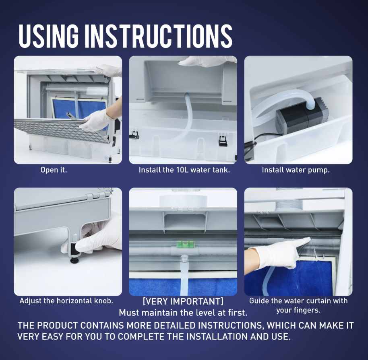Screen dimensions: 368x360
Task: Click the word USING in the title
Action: point(48,36)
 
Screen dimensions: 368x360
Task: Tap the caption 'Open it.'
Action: point(54,170)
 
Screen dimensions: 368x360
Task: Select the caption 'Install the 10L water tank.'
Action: point(184,170)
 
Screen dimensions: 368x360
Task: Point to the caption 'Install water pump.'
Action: point(296,170)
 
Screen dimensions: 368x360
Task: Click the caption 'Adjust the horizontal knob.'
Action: point(66,300)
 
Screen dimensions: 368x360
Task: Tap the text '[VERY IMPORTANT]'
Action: point(183,301)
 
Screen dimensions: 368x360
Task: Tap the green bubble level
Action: point(183,244)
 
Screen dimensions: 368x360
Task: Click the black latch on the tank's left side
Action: point(134,135)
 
